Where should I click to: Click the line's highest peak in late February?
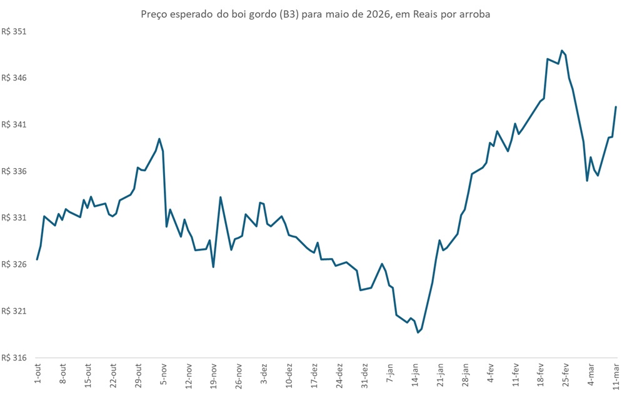click(x=562, y=51)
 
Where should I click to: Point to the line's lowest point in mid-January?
click(x=418, y=332)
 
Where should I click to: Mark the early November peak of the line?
click(x=159, y=139)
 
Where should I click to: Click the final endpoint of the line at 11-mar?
click(x=616, y=107)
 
